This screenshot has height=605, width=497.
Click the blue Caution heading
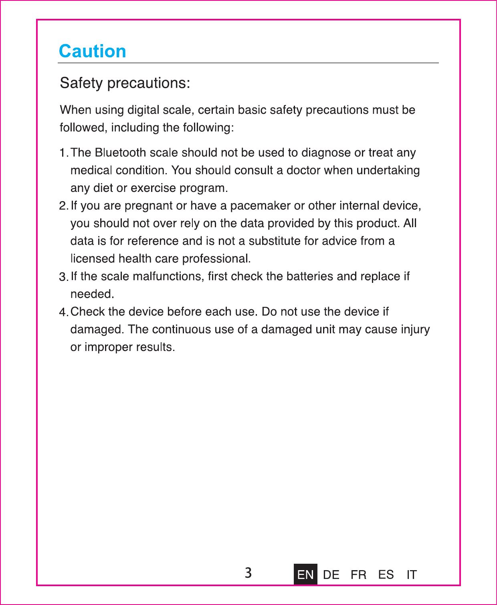92,51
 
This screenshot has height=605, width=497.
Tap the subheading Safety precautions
125,83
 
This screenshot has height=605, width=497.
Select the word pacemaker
261,206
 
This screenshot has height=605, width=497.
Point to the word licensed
93,258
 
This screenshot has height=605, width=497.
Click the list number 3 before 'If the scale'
63,277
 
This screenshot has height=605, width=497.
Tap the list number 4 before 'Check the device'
63,312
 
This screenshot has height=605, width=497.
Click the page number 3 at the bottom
248,573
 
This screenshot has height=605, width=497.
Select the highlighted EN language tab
305,575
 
